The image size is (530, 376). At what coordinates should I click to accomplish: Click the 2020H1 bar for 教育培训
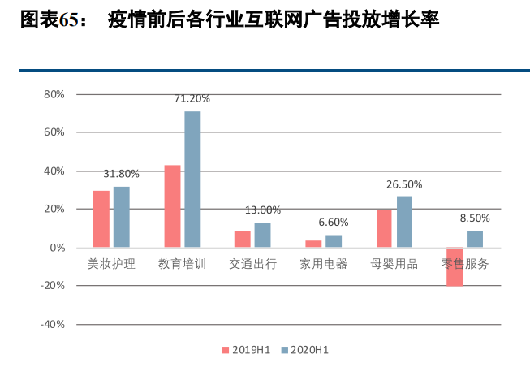coord(192,179)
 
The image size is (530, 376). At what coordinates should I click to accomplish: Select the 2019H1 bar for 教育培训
coord(172,206)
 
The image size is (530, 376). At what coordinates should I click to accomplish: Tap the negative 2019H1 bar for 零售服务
coord(455,267)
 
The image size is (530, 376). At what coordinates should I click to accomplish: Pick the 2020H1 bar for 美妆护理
coord(122,217)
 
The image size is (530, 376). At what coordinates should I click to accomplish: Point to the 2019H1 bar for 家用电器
coord(313,244)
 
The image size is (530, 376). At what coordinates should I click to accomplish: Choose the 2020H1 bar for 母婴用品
coord(404,222)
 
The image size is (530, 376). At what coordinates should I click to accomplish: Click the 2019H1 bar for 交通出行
coord(243,240)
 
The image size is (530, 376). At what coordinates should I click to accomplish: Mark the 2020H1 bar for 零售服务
coord(475,240)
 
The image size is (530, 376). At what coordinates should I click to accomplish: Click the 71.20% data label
coord(192,98)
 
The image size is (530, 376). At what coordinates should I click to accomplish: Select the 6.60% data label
coord(334,223)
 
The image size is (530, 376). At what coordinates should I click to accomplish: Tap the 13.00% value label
coord(263,210)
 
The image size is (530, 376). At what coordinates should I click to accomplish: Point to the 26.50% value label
coord(404,184)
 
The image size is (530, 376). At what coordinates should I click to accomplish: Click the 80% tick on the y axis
coord(54,94)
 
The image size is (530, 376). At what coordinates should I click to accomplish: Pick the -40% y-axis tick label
coord(53,325)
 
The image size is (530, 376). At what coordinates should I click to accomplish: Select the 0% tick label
coord(57,248)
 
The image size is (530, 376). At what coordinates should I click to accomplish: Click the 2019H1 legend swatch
coord(226,350)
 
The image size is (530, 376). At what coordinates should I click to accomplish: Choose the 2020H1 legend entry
coord(305,350)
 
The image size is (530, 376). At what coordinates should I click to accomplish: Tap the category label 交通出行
coord(253,264)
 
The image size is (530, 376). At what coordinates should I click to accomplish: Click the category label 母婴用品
coord(394,264)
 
